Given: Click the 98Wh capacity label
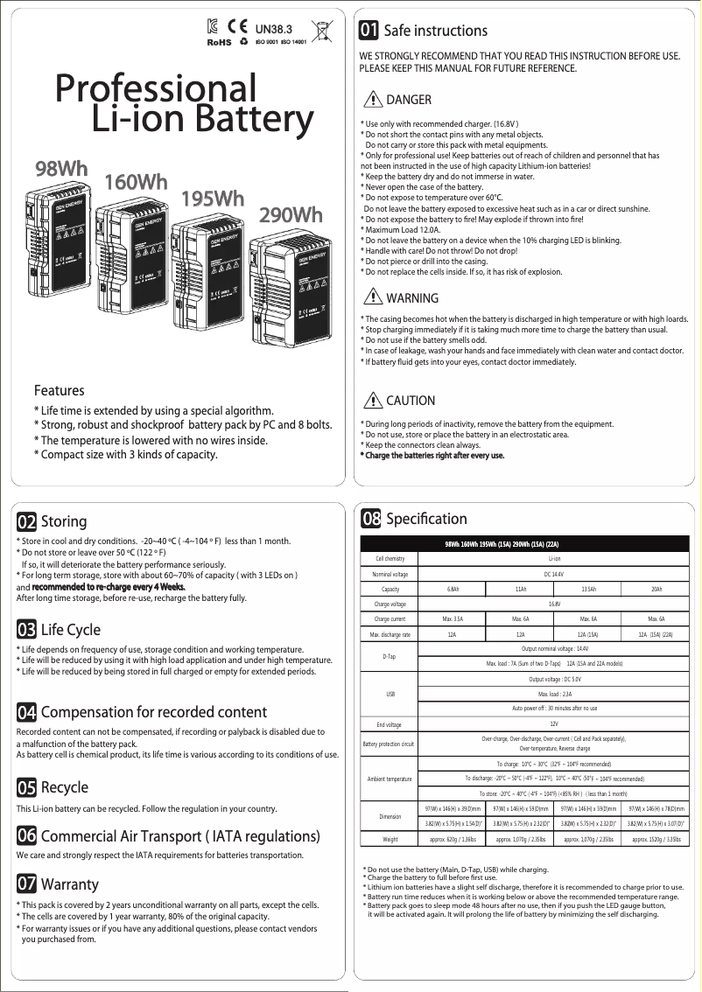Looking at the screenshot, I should click(x=61, y=167).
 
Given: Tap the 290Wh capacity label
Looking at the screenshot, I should click(x=291, y=214).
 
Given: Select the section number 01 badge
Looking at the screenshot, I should click(x=369, y=31).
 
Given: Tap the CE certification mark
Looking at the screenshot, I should click(x=236, y=28).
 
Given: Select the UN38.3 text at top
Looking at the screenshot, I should click(x=273, y=28).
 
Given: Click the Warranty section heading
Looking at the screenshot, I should click(x=70, y=884).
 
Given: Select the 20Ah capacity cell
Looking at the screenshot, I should click(x=656, y=589).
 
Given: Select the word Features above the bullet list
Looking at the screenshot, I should click(x=59, y=390).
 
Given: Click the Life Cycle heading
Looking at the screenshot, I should click(x=71, y=630).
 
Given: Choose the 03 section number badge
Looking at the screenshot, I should click(x=26, y=630).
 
